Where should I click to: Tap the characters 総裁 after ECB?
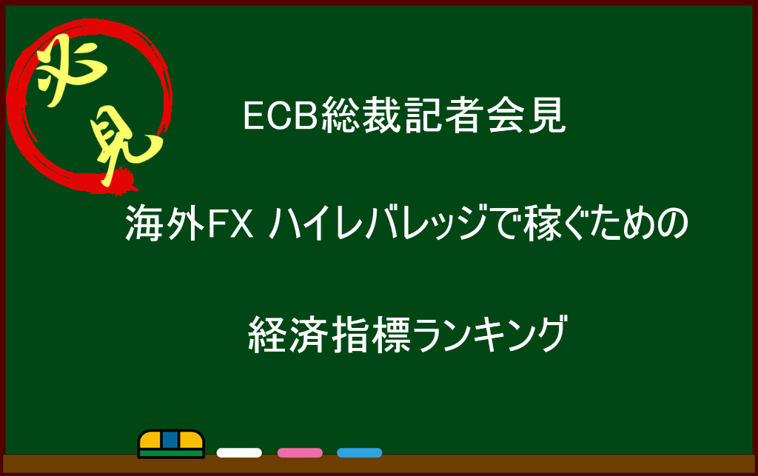[x=361, y=115]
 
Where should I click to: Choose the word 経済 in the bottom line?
[x=288, y=334]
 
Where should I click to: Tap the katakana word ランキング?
[x=489, y=334]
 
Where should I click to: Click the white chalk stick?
[x=239, y=453]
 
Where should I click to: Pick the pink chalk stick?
[x=300, y=453]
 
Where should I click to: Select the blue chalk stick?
[x=360, y=453]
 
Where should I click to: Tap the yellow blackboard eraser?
[x=171, y=443]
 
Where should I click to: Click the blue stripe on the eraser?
[x=170, y=440]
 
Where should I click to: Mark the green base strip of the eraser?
[x=171, y=454]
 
